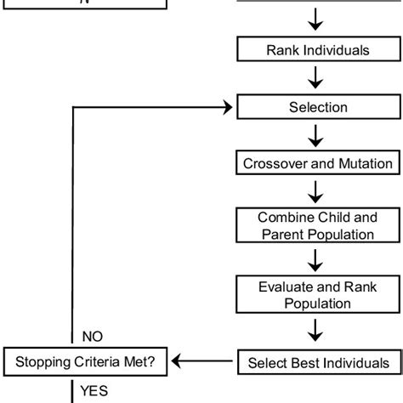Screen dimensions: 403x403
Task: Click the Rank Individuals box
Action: [318, 50]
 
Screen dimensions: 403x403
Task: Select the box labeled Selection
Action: [318, 107]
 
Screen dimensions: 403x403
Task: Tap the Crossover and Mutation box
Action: [318, 163]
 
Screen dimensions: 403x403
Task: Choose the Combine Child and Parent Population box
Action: [318, 225]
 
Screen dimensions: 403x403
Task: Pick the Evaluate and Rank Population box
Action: [318, 294]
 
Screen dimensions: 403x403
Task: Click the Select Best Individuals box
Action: [318, 362]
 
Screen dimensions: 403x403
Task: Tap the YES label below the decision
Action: [94, 392]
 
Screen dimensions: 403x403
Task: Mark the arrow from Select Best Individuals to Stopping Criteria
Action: [205, 362]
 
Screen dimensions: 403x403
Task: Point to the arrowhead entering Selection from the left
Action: [228, 107]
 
